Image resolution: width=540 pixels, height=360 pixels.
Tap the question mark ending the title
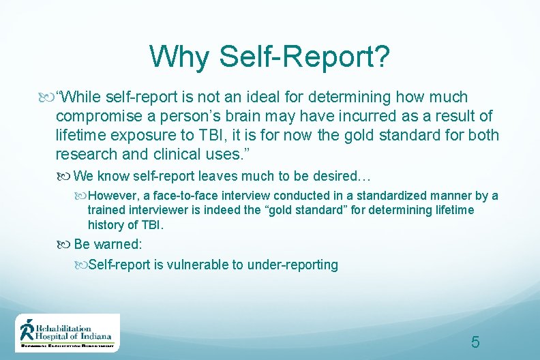(382, 57)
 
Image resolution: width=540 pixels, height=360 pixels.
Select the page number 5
(475, 342)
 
